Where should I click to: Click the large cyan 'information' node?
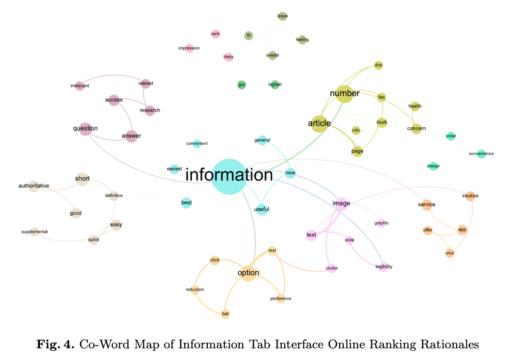[229, 176]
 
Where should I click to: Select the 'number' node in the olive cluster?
[345, 94]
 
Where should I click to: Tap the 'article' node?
[320, 124]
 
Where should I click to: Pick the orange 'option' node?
[248, 273]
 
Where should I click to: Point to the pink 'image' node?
[342, 204]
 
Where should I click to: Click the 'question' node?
[85, 129]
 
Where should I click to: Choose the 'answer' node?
[131, 136]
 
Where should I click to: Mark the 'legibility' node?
[384, 267]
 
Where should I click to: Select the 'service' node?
[426, 204]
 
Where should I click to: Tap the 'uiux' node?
[450, 253]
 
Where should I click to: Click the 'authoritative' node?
[34, 186]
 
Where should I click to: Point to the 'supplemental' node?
[34, 232]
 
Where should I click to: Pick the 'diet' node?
[378, 65]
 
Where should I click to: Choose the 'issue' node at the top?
[282, 16]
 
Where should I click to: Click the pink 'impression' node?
[189, 48]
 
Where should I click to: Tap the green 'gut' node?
[242, 85]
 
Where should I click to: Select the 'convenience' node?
[481, 154]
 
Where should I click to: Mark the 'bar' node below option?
[225, 314]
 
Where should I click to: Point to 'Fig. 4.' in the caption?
[55, 344]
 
